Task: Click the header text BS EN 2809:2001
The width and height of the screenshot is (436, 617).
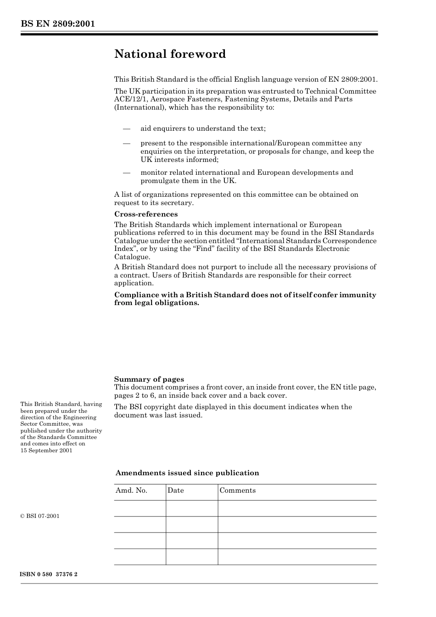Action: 57,24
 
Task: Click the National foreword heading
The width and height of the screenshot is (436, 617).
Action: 170,54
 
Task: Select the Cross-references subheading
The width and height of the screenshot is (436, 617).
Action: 145,214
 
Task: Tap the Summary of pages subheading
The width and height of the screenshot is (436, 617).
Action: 149,379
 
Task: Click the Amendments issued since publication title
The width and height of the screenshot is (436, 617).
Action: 187,473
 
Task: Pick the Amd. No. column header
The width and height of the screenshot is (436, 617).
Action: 131,490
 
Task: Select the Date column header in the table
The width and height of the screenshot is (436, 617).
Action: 175,490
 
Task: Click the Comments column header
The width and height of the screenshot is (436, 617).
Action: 237,490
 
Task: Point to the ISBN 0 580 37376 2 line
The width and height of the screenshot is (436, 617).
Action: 49,574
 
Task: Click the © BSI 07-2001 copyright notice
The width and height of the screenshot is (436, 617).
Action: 40,516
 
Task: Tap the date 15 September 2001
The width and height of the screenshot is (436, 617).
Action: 46,450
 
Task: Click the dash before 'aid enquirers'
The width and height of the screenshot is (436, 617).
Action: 127,128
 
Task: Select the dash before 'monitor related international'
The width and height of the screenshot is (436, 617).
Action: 127,172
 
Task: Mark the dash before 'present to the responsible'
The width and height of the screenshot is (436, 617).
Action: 127,143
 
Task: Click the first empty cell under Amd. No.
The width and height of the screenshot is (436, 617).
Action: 140,508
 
